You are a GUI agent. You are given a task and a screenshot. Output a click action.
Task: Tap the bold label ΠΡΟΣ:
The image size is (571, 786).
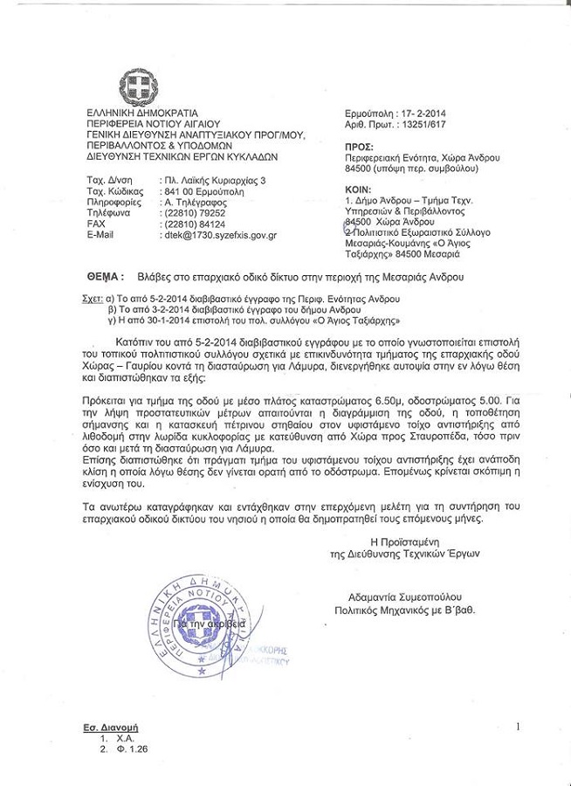click(359, 147)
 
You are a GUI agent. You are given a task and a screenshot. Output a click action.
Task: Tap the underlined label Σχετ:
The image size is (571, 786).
click(91, 299)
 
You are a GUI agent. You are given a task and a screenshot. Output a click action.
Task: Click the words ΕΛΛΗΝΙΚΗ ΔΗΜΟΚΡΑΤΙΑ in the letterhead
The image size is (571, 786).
click(142, 114)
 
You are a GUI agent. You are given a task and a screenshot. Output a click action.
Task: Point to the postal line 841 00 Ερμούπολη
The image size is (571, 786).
click(203, 190)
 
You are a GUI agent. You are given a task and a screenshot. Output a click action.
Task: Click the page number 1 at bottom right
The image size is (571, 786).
click(518, 726)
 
